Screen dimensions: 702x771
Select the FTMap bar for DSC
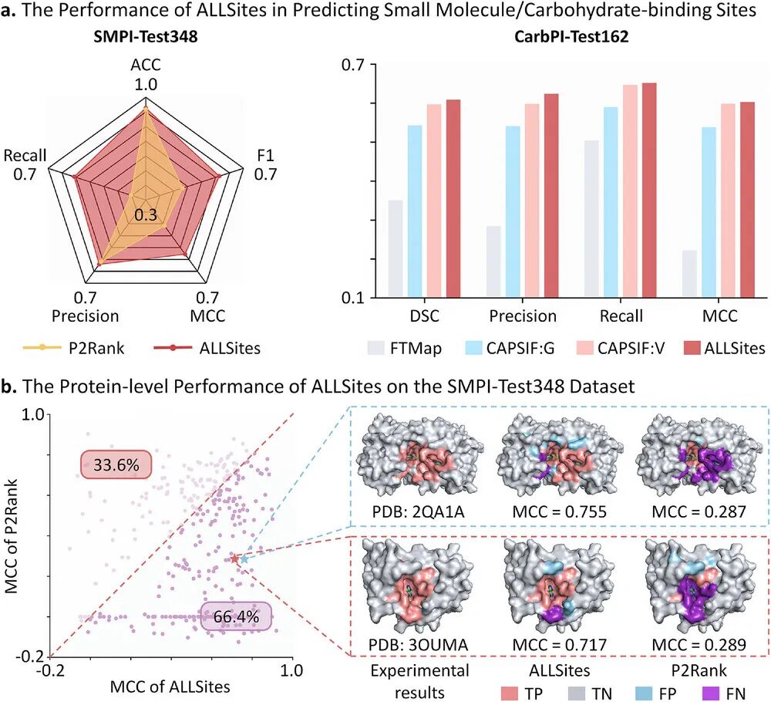396,248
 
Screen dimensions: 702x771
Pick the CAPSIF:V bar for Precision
532,201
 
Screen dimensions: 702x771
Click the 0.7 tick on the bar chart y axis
355,65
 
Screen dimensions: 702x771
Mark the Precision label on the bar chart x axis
524,316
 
